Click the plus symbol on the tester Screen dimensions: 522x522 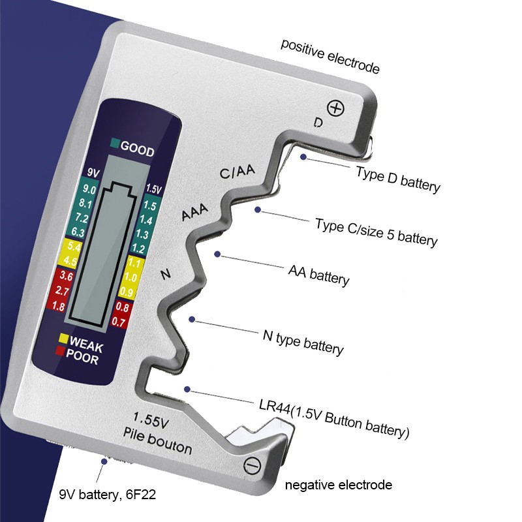[335, 108]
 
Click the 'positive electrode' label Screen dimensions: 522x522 [330, 56]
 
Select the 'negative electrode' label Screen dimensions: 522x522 [339, 485]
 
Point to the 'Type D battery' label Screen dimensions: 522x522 [398, 179]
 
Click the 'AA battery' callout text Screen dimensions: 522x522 [318, 274]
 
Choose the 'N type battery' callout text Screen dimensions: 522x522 [303, 342]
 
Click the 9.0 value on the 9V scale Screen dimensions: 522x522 [89, 190]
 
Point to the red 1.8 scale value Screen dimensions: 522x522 [57, 306]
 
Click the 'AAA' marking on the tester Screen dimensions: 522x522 [195, 212]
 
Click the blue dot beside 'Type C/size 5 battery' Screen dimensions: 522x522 [258, 209]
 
